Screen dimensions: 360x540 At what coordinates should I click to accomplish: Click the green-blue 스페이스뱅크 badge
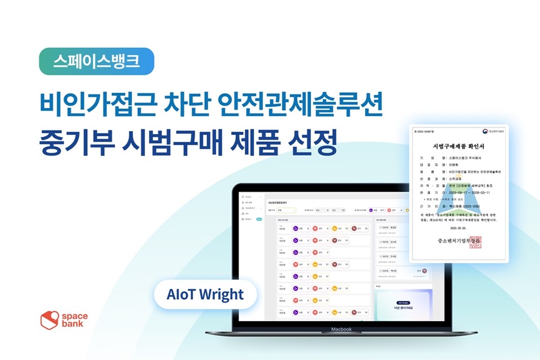pyautogui.click(x=96, y=61)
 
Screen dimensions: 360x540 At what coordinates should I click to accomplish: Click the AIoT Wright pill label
pyautogui.click(x=205, y=294)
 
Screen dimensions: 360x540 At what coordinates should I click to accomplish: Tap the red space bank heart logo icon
pyautogui.click(x=49, y=320)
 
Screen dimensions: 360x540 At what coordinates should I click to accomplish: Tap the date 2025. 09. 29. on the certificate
pyautogui.click(x=459, y=229)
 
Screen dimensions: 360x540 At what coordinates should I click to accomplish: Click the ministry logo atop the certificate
pyautogui.click(x=487, y=134)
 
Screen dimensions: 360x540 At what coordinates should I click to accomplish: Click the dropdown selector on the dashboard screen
pyautogui.click(x=287, y=210)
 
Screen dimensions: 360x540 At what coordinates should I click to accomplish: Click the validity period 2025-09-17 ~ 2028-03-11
pyautogui.click(x=473, y=192)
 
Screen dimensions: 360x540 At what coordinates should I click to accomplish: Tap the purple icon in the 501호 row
pyautogui.click(x=295, y=228)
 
